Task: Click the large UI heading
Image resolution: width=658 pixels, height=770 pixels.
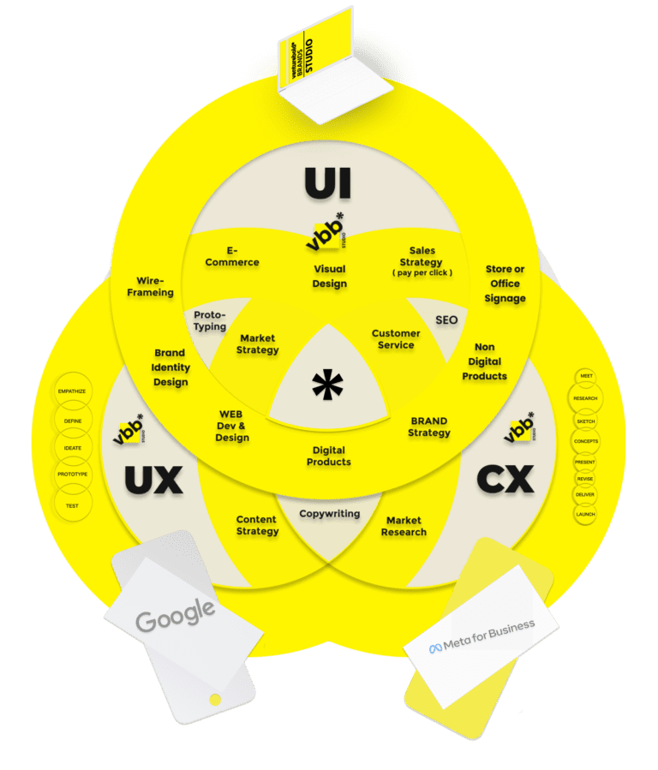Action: click(329, 184)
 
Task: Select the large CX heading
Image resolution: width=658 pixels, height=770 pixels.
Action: click(505, 480)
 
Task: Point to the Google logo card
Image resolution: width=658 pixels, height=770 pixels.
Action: click(176, 615)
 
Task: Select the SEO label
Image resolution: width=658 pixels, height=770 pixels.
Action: click(446, 320)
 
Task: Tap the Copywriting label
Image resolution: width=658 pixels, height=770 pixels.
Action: click(329, 514)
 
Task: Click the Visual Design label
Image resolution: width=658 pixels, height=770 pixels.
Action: click(329, 277)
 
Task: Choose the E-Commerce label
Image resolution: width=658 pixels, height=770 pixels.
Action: click(232, 256)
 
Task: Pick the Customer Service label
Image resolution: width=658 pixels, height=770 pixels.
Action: click(396, 339)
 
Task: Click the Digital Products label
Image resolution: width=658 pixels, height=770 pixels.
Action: click(329, 456)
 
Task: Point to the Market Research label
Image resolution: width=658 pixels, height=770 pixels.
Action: click(404, 526)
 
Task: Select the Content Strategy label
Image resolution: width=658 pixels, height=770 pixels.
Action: click(256, 525)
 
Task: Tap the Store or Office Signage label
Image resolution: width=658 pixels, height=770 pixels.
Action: click(505, 284)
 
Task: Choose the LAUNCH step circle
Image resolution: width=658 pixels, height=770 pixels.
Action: click(585, 514)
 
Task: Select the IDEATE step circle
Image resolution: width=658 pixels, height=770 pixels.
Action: click(73, 447)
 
